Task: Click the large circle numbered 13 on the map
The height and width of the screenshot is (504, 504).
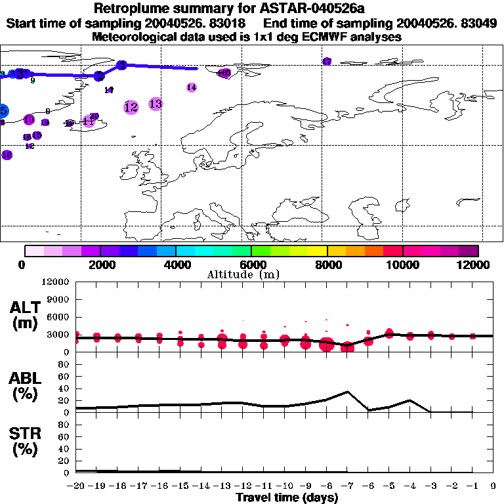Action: pos(156,104)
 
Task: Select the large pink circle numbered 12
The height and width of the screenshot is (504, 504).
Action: pos(131,107)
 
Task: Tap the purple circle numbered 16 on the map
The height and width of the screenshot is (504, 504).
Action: pos(7,155)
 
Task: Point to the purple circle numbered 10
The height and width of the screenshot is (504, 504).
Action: pos(29,119)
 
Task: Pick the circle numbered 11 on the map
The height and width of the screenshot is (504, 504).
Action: pos(89,121)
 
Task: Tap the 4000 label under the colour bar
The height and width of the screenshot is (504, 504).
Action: pos(175,264)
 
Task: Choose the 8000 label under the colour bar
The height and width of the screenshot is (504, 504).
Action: pos(327,264)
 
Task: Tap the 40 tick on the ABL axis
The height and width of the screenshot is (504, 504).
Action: pos(64,388)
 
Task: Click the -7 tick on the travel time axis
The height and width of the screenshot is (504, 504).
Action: pos(347,486)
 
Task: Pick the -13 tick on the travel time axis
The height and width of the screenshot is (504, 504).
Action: pos(222,486)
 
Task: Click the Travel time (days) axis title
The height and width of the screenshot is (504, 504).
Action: pos(287,497)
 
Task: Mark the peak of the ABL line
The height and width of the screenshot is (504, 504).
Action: pos(347,392)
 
